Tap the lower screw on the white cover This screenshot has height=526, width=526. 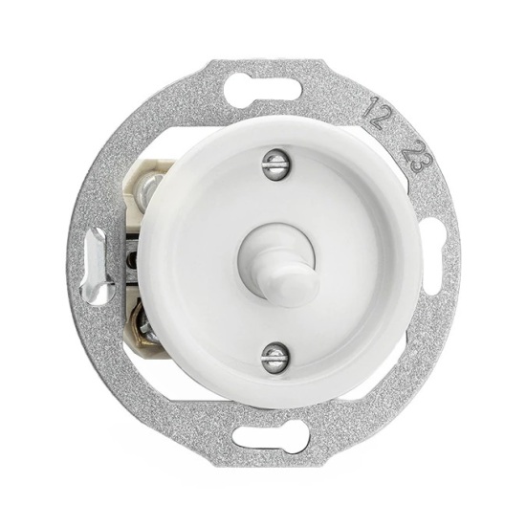tap(274, 357)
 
